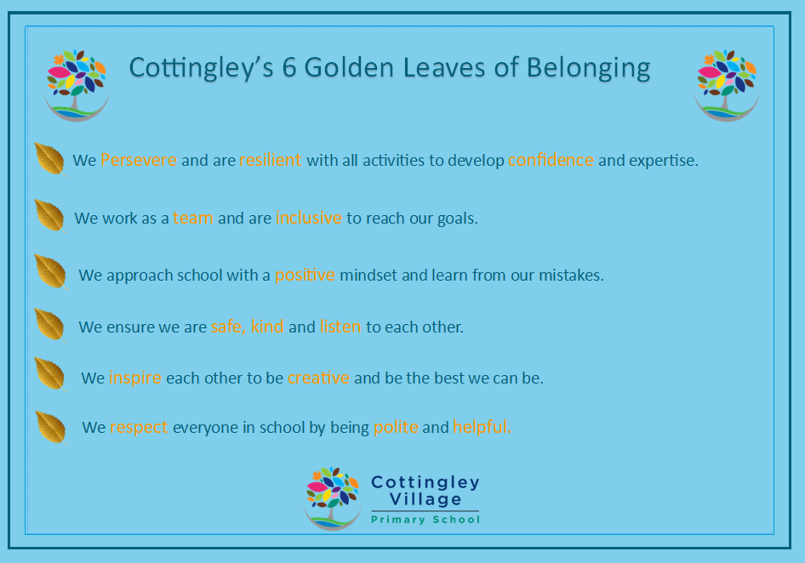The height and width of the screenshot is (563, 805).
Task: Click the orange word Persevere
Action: click(x=139, y=160)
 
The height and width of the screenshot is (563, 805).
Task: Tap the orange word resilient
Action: click(x=270, y=160)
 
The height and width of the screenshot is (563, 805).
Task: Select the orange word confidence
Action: click(x=551, y=160)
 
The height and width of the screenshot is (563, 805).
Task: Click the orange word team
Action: click(x=192, y=218)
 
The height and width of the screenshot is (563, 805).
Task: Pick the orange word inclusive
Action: click(x=309, y=218)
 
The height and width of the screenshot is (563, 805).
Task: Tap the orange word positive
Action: click(x=305, y=276)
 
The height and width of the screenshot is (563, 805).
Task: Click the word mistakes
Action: click(x=571, y=275)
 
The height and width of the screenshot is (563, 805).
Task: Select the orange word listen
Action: click(x=340, y=327)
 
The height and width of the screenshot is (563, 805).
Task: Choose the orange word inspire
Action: click(x=135, y=378)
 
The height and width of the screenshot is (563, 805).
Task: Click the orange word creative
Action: click(x=318, y=378)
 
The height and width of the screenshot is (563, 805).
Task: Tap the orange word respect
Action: click(x=139, y=428)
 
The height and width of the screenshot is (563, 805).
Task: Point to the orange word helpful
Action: click(x=482, y=426)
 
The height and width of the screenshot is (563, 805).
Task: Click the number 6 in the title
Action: click(x=289, y=67)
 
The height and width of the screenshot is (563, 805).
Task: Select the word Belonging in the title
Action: click(x=588, y=69)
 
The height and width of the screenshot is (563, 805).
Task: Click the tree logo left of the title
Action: click(x=77, y=85)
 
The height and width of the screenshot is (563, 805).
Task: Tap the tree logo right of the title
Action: click(x=727, y=85)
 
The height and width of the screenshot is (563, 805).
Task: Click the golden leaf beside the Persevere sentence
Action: click(x=50, y=159)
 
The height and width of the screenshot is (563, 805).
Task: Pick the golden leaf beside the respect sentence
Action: click(x=51, y=428)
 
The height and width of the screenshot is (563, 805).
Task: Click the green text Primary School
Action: click(x=425, y=520)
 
